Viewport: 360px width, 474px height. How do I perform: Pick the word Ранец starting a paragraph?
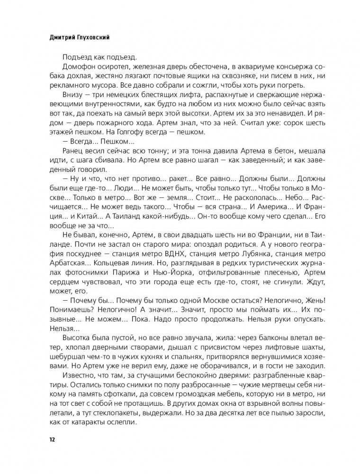[72, 150]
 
